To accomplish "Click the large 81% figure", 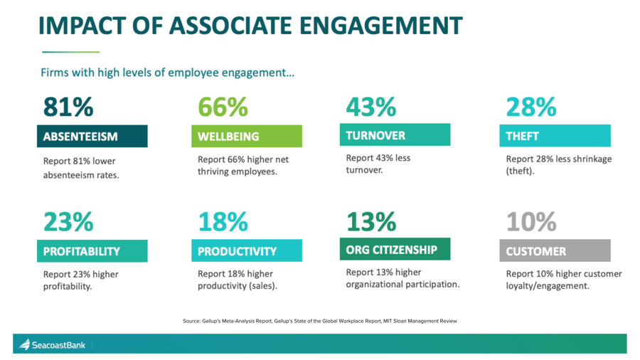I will (68, 107).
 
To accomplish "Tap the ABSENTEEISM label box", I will (92, 136).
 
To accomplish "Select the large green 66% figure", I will (223, 107).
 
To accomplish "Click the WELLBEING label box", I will (247, 136).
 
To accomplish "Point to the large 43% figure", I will (370, 107).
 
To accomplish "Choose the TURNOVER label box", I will (395, 135).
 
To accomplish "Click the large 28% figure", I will (530, 107).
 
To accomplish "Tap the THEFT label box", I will (555, 136).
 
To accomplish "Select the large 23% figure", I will (68, 222).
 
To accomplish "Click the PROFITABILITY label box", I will (92, 251).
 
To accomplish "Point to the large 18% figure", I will (223, 222).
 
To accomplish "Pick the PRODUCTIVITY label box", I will (247, 251).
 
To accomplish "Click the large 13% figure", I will (370, 222).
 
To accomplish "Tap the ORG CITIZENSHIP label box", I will (395, 249).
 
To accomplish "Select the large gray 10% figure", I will (530, 222).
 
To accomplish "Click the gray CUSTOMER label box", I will (555, 251).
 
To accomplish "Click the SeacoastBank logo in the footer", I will (53, 345).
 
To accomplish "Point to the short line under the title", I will (70, 52).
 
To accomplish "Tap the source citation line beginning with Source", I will (319, 321).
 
